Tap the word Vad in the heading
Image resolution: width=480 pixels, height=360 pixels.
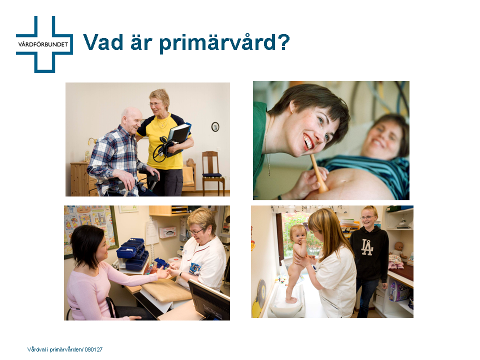[x=103, y=42]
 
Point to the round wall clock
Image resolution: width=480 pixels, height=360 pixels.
[x=215, y=126]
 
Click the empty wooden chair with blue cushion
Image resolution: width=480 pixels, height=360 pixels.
[x=213, y=172]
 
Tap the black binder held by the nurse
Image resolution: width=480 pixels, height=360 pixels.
[x=179, y=137]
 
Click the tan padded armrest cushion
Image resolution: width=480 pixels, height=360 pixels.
[x=166, y=290]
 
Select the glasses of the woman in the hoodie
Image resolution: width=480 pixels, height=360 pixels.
[x=367, y=217]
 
